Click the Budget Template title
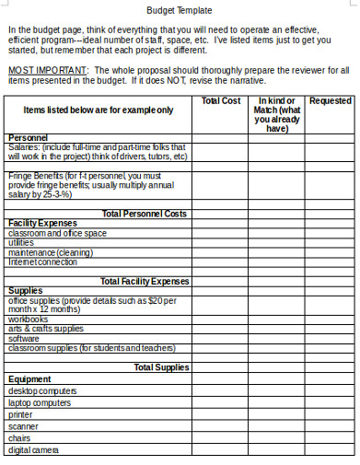click(x=180, y=10)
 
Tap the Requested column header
click(x=330, y=100)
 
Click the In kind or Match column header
click(x=276, y=114)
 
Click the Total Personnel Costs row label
click(x=145, y=214)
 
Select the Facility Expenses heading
click(x=42, y=224)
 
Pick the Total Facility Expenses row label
click(x=144, y=281)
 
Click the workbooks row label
click(x=28, y=319)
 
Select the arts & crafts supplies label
click(x=45, y=329)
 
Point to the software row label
click(x=24, y=338)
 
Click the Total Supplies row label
click(x=161, y=367)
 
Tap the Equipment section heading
click(x=29, y=378)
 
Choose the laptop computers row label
click(x=39, y=402)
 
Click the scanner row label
click(x=23, y=426)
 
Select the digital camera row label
click(x=33, y=450)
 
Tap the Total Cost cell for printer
click(x=220, y=414)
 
